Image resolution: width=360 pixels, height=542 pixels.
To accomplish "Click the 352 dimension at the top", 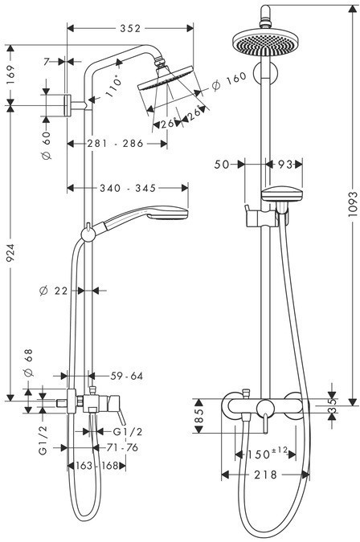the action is click(130, 28).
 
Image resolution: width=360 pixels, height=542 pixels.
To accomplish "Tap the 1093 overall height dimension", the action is click(353, 204).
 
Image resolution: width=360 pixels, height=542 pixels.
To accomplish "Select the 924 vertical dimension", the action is click(10, 253).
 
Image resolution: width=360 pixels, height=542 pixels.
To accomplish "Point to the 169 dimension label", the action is click(10, 75).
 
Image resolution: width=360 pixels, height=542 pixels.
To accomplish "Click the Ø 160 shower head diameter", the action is click(229, 81).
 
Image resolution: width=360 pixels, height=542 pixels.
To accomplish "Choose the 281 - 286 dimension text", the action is click(115, 143).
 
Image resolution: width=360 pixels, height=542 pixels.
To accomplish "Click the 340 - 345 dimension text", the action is click(128, 188).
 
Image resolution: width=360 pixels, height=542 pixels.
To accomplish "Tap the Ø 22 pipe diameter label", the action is click(54, 291).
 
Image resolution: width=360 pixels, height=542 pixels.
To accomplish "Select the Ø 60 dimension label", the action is click(46, 145).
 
